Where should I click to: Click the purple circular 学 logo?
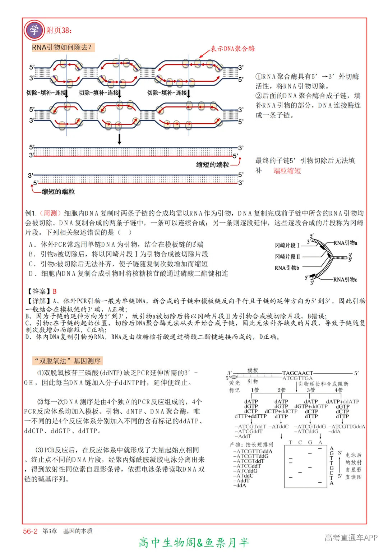click(x=34, y=30)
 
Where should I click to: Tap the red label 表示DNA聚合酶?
click(x=232, y=49)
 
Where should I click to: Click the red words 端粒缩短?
click(x=287, y=171)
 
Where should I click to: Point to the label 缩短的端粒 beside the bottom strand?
click(x=58, y=192)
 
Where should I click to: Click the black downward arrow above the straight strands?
click(x=120, y=139)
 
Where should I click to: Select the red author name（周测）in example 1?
click(x=50, y=213)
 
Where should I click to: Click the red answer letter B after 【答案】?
click(x=55, y=291)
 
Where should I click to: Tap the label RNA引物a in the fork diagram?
click(x=345, y=243)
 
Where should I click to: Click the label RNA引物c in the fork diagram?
click(x=345, y=279)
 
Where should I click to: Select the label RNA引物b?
click(x=287, y=268)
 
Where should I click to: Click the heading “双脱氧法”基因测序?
click(x=68, y=361)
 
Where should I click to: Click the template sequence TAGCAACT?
click(x=297, y=373)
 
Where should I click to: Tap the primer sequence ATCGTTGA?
click(x=297, y=378)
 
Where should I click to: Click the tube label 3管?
click(x=311, y=390)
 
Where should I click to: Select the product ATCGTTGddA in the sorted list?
click(x=253, y=451)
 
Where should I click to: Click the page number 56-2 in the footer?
click(x=30, y=531)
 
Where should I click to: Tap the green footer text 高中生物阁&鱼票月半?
click(x=194, y=542)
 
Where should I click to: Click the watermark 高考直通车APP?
click(x=351, y=538)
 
